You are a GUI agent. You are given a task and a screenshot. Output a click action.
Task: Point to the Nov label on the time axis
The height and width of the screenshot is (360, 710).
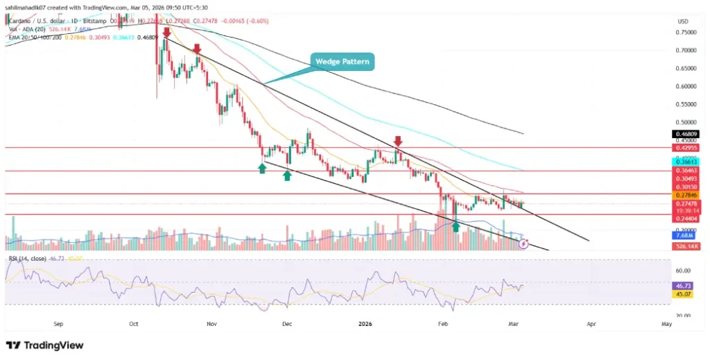coord(211,324)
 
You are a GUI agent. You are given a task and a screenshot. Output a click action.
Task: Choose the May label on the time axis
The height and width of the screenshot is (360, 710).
coord(666,324)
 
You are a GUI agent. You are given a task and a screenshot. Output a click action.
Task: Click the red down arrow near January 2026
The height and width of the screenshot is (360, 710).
coord(397,141)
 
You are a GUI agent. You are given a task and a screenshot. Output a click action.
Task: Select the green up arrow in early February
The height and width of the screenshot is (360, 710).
coord(456,225)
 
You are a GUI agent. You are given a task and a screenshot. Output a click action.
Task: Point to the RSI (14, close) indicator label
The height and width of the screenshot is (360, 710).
coord(28,259)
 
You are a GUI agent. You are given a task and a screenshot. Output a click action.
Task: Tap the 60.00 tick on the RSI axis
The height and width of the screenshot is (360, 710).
coord(684,271)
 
